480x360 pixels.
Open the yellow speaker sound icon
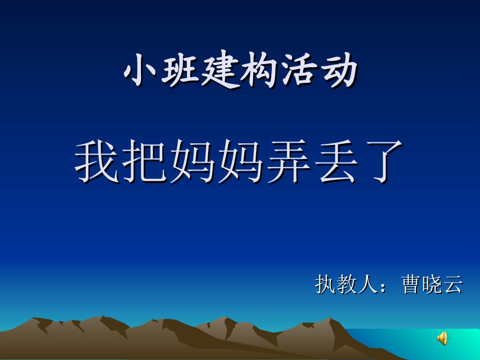[442, 338]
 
